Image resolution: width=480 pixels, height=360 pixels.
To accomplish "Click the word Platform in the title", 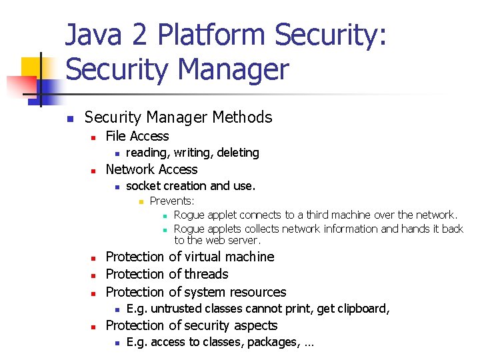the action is click(194, 36).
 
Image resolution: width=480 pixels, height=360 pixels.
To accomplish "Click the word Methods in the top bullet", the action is click(241, 118).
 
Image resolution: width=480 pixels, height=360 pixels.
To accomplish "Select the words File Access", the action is click(137, 136).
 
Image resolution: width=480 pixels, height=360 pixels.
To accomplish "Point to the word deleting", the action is click(237, 153).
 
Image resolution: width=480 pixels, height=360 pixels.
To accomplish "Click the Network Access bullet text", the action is click(151, 169).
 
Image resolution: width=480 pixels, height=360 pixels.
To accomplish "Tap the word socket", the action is click(143, 186).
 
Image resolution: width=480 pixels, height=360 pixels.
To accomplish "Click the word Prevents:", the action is click(171, 201).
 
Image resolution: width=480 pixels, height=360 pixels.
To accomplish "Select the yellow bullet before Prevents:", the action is click(141, 201).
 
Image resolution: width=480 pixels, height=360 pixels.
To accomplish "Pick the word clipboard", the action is click(364, 309).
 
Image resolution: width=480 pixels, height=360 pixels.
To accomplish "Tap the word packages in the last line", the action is click(262, 343).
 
